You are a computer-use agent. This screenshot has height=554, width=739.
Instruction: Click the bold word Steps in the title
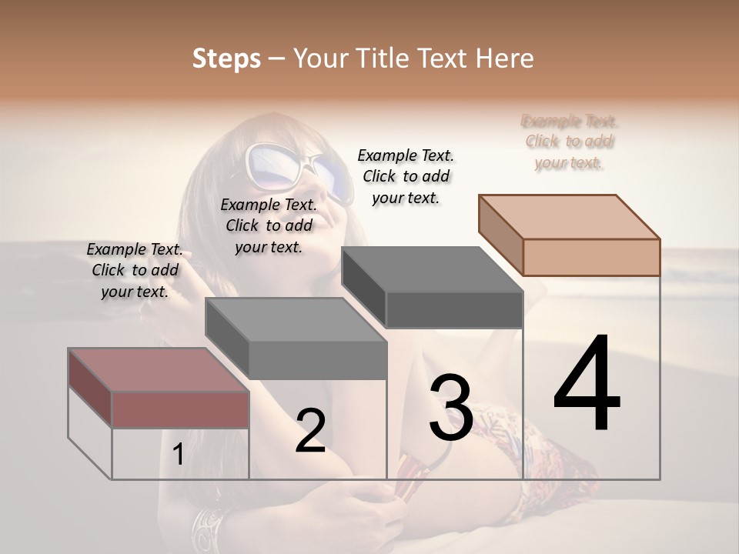click(x=226, y=58)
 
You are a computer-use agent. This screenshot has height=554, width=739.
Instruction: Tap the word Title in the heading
click(x=386, y=58)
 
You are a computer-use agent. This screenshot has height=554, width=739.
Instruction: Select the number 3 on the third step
click(x=450, y=408)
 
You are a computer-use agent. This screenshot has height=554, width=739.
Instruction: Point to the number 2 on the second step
click(x=310, y=431)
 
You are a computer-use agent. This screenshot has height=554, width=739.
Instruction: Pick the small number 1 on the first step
click(x=178, y=455)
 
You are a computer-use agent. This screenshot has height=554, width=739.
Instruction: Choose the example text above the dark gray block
click(x=406, y=176)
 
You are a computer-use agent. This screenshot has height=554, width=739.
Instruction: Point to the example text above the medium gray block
click(x=269, y=225)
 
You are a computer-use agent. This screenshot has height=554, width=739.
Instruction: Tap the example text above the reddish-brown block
click(x=135, y=270)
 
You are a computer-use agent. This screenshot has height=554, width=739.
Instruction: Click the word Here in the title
click(x=505, y=58)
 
